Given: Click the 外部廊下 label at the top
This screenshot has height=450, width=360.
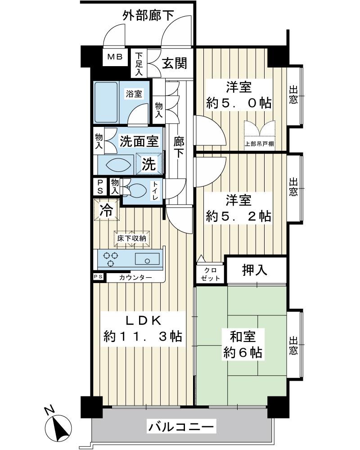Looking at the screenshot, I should pyautogui.click(x=148, y=16).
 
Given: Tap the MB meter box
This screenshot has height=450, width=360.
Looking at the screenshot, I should pyautogui.click(x=114, y=57).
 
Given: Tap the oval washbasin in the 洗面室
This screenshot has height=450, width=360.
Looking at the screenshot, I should pyautogui.click(x=118, y=165).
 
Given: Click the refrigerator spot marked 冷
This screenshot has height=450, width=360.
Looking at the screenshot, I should pyautogui.click(x=107, y=210).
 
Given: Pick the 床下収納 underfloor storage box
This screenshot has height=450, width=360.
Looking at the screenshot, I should pyautogui.click(x=132, y=238).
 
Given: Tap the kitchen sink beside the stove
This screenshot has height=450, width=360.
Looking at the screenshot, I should pyautogui.click(x=146, y=259).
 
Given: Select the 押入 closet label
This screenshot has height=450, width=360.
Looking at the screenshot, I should pyautogui.click(x=255, y=270).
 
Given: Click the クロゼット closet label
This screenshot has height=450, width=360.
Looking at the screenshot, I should pyautogui.click(x=210, y=274).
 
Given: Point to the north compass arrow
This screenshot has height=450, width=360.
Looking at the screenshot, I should pyautogui.click(x=60, y=426).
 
